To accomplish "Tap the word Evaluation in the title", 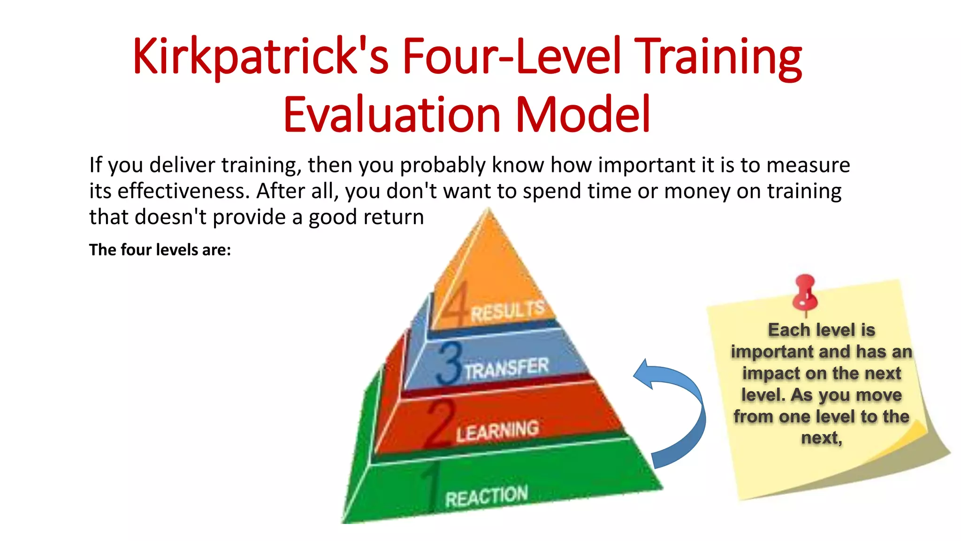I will click(x=392, y=115).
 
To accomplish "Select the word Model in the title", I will click(x=583, y=115).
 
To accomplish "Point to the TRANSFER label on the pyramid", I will click(x=507, y=368).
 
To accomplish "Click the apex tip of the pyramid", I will click(x=489, y=211).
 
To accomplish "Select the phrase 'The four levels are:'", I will click(x=160, y=250).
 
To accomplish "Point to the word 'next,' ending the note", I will click(x=821, y=438).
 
